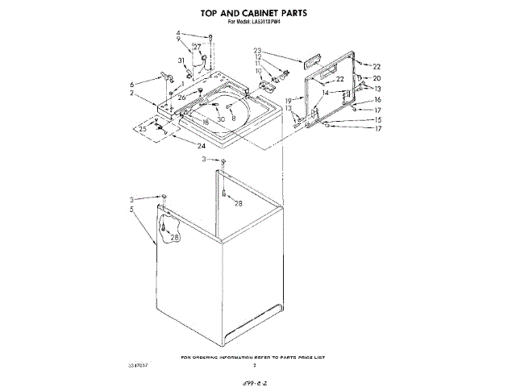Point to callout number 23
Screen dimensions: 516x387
click(x=258, y=50)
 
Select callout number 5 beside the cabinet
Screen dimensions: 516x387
click(x=131, y=210)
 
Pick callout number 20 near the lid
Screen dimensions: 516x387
click(x=377, y=77)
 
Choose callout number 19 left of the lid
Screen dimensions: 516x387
click(x=289, y=99)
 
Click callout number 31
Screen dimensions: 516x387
click(x=181, y=60)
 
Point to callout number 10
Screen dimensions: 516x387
click(x=259, y=71)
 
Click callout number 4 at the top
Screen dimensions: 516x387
click(x=178, y=32)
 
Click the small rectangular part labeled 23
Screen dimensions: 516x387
click(x=310, y=61)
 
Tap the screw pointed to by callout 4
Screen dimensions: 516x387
click(x=210, y=37)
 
